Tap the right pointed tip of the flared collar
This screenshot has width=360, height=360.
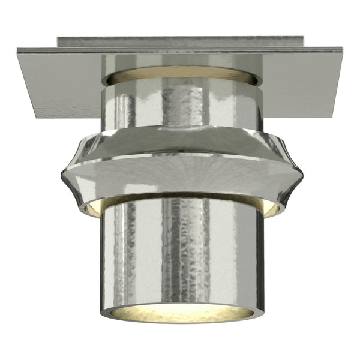[302, 175]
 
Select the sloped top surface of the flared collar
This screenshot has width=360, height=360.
[180, 142]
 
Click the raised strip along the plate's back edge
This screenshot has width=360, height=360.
[180, 41]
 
